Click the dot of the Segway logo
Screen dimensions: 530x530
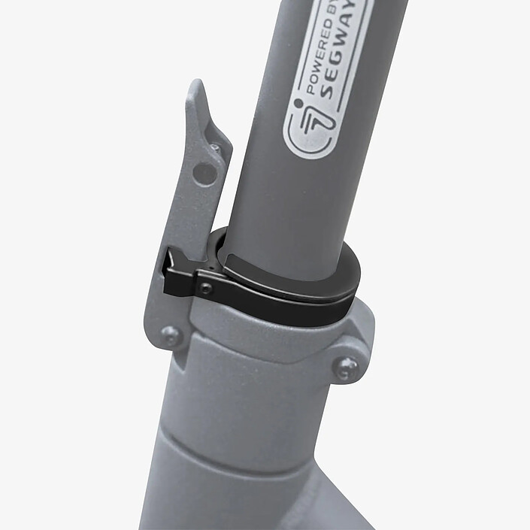[298, 102]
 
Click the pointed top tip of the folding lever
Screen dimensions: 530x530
[198, 80]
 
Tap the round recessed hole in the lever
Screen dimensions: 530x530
[204, 174]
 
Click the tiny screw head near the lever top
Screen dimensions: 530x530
[215, 148]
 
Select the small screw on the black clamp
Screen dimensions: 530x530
[206, 289]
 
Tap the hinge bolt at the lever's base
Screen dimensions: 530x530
[171, 335]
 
